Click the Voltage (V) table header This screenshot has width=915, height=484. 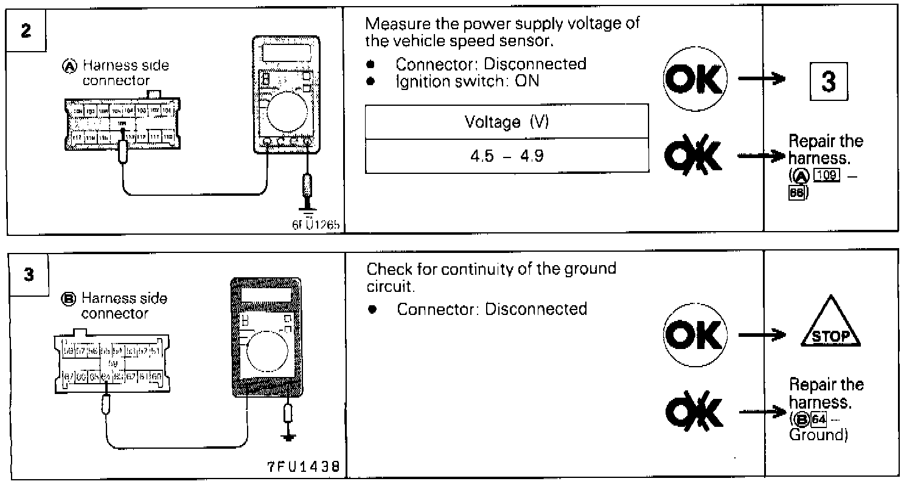point(507,122)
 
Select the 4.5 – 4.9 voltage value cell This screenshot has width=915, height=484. point(507,157)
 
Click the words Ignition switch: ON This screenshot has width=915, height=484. point(467,81)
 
